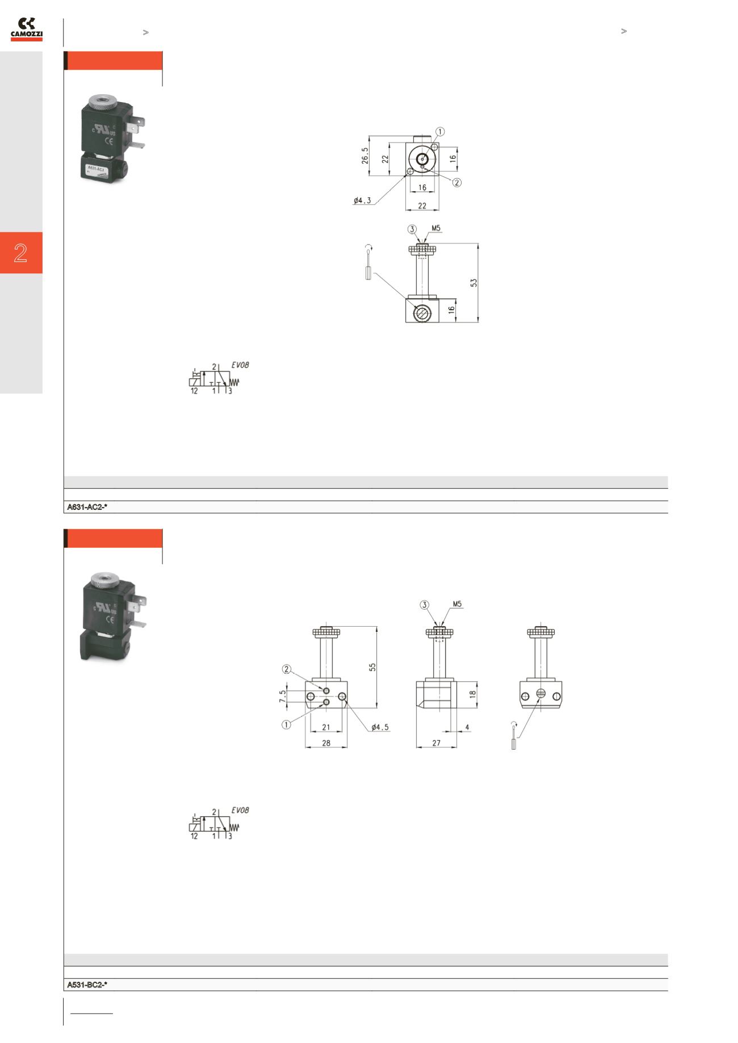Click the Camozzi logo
26,29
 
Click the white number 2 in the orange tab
20,252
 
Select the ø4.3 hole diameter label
362,200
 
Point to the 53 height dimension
474,282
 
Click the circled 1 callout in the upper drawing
440,132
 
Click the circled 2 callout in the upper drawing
457,182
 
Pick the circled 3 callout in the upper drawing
413,229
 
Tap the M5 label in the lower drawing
458,605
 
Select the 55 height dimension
373,667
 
